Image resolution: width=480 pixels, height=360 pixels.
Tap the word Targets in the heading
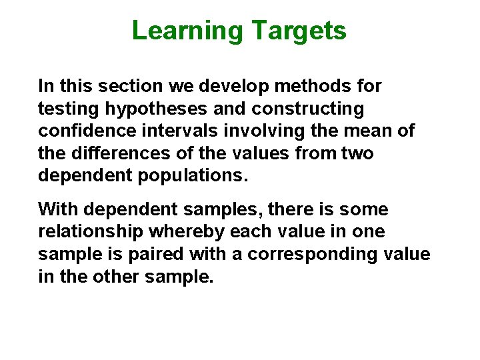click(x=299, y=31)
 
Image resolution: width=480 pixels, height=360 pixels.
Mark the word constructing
click(x=320, y=109)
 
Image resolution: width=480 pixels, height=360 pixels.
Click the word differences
click(x=109, y=154)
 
